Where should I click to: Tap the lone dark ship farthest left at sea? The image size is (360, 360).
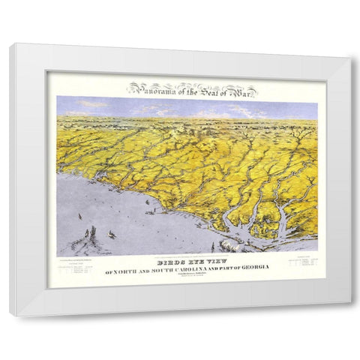pyautogui.click(x=80, y=216)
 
